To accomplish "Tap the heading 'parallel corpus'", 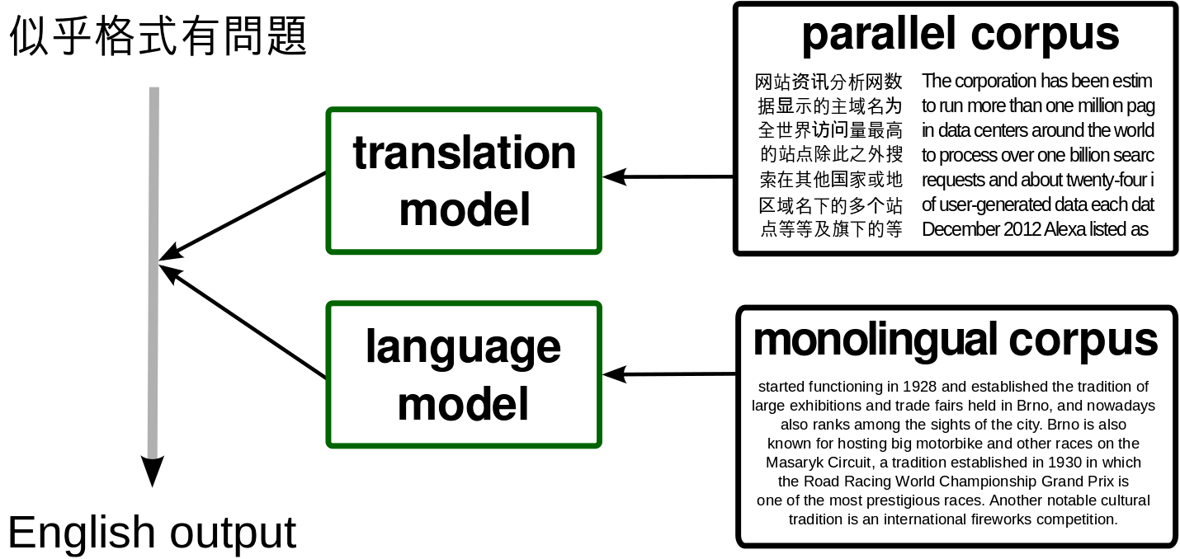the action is (x=960, y=35).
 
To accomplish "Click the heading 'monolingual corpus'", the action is (x=956, y=341).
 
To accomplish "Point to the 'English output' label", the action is (x=152, y=533).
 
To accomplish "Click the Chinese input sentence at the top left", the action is (x=158, y=35).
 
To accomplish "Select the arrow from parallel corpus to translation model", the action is (x=668, y=177).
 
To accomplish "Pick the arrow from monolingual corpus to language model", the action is (x=669, y=374).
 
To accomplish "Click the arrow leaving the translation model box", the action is (x=243, y=216).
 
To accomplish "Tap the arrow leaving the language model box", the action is (x=243, y=322).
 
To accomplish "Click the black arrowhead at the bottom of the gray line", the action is (x=153, y=471).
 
